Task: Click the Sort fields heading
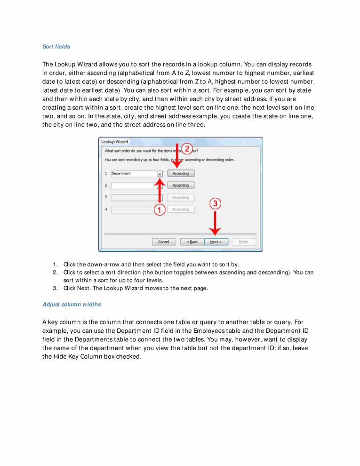(56, 47)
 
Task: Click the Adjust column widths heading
(72, 305)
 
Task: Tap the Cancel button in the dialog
(163, 241)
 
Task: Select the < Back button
(192, 241)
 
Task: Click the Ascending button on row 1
(180, 173)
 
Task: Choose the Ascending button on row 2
(180, 185)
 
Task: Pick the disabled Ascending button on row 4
(180, 209)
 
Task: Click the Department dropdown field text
(121, 173)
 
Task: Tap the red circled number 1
(160, 210)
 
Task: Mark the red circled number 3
(215, 203)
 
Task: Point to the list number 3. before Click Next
(55, 289)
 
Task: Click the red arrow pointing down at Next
(215, 224)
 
